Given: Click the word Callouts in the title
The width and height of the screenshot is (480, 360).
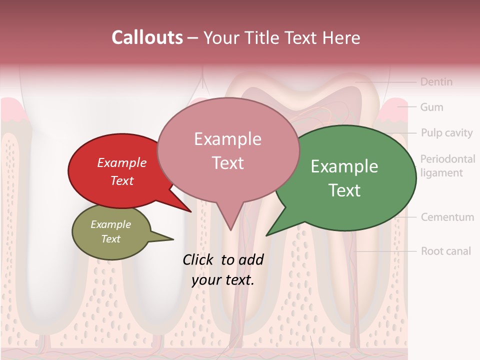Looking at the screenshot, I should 147,37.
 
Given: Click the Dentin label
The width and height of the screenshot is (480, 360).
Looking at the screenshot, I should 436,81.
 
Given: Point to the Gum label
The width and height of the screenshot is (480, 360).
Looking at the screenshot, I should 431,107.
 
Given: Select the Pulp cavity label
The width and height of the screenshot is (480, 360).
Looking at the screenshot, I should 446,132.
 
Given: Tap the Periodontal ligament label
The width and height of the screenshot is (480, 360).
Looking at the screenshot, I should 447,166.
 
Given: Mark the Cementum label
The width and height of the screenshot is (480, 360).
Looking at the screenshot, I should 447,217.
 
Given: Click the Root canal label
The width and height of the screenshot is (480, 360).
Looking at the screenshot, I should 445,250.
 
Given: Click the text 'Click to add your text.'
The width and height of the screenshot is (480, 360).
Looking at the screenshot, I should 223,269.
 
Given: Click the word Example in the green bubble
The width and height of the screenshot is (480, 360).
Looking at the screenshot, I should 344,166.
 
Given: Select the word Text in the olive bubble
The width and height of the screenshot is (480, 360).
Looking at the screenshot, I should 111,239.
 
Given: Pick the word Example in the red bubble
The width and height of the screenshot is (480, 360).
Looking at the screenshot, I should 122,162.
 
